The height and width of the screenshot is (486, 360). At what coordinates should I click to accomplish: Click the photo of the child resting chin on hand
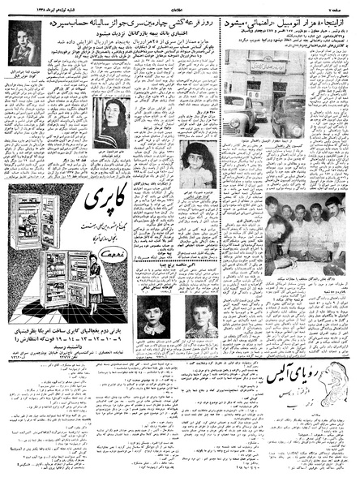(x=28, y=59)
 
